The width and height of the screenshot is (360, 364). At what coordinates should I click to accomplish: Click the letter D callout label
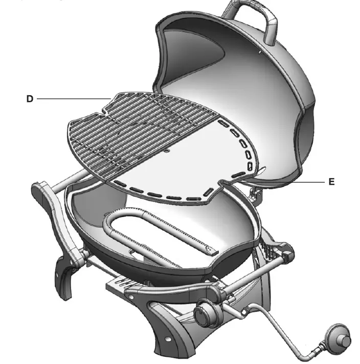30,99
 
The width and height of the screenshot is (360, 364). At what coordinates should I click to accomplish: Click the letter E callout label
331,182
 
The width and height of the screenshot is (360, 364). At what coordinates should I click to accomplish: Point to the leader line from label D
72,99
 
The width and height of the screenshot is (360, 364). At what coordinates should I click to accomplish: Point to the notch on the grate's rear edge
104,109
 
